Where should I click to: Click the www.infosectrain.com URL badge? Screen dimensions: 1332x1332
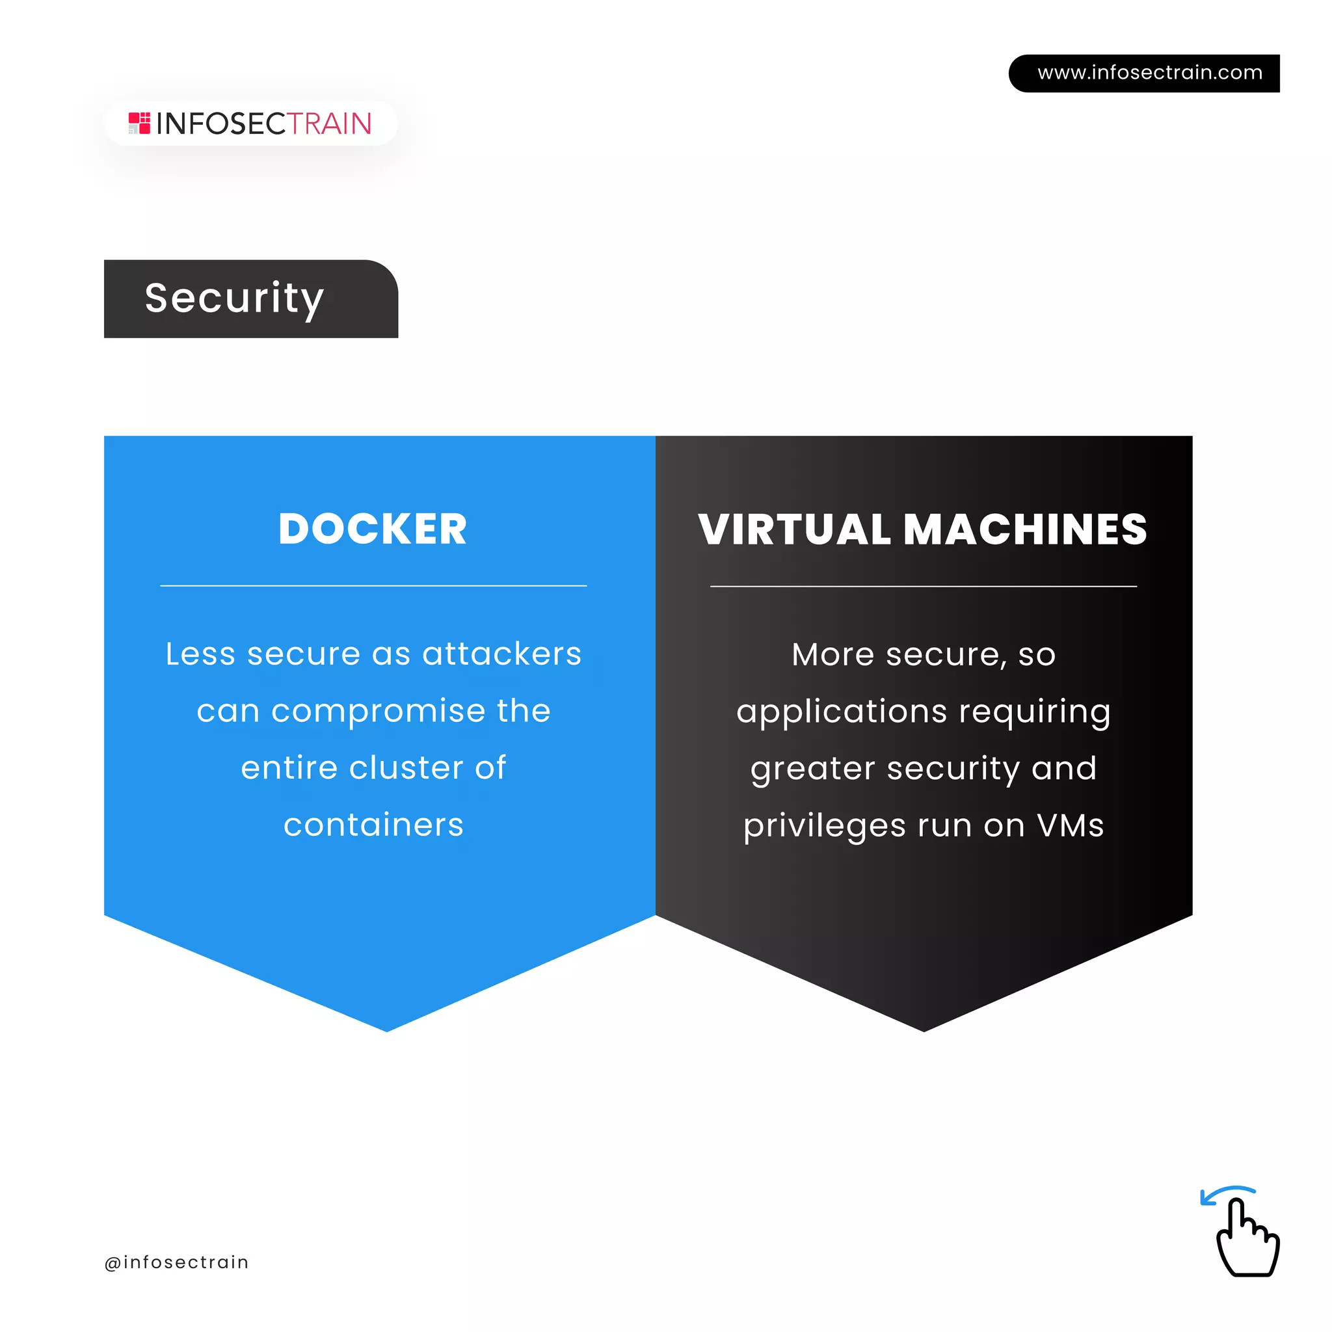tap(1149, 73)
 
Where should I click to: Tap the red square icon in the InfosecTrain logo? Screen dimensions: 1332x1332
tap(139, 124)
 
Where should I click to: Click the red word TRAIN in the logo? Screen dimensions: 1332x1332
tap(329, 124)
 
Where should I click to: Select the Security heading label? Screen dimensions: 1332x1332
tap(234, 299)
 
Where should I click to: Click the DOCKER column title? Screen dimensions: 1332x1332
tap(372, 529)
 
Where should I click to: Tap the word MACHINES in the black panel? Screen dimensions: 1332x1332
tap(1025, 529)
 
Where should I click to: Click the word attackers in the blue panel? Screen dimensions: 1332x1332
tap(502, 654)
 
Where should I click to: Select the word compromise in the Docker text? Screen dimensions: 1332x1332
tap(378, 711)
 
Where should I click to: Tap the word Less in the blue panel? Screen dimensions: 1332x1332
tap(200, 654)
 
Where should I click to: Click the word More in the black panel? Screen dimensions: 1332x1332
tap(833, 654)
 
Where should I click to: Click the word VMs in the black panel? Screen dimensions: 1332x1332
tap(1070, 826)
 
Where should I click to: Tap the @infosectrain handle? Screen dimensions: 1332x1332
tap(176, 1262)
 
